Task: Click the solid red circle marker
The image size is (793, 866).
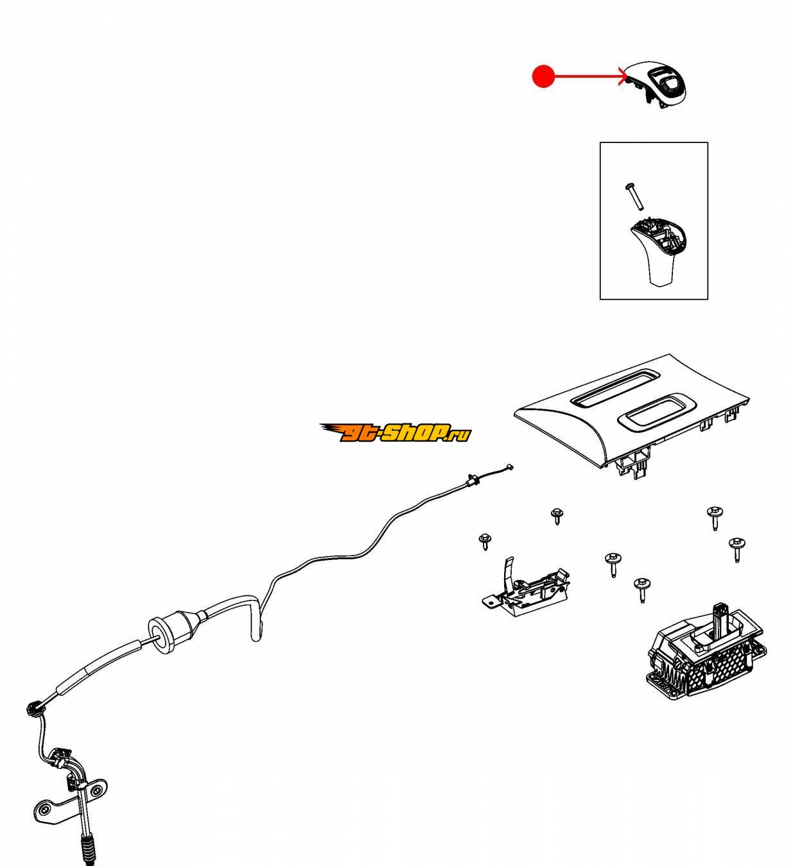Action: pyautogui.click(x=543, y=76)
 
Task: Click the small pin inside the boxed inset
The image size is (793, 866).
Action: pyautogui.click(x=635, y=196)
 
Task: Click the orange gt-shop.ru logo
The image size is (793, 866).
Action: pyautogui.click(x=396, y=433)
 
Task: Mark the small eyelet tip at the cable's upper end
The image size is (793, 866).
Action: pyautogui.click(x=510, y=468)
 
